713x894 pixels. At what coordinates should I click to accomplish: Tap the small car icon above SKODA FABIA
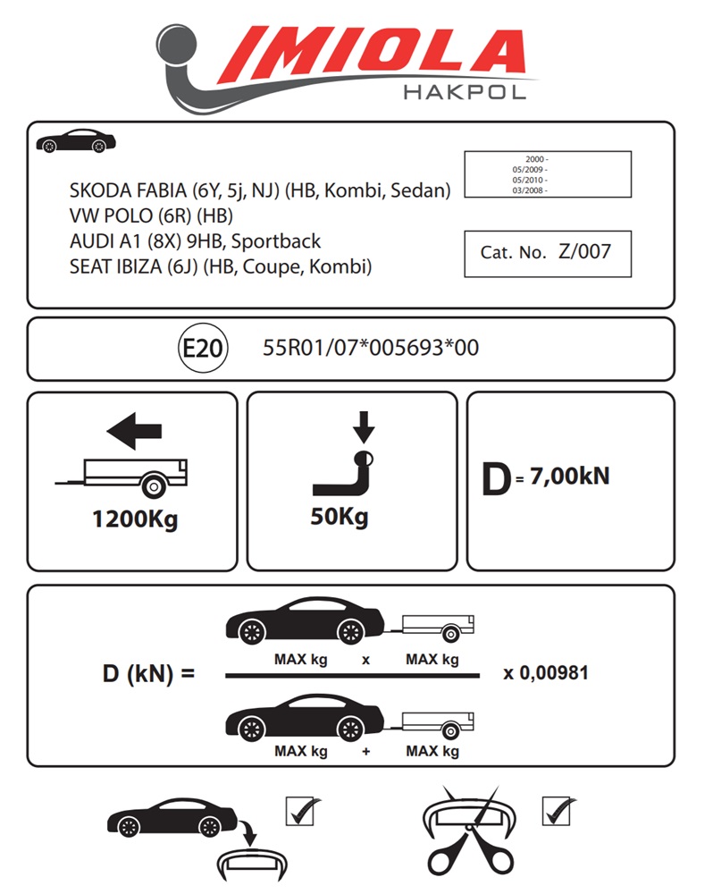coord(76,143)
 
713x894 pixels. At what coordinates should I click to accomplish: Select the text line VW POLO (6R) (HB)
coord(152,215)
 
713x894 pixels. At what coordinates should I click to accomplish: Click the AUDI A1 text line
coord(195,241)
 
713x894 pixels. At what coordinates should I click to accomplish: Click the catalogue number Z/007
coord(584,251)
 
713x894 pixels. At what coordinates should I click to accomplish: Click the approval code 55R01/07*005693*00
coord(371,348)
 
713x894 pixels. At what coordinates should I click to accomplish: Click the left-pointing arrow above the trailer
coord(134,431)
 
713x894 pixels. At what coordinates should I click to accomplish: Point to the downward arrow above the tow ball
coord(363,427)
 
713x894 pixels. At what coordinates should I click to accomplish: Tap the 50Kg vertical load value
coord(340,516)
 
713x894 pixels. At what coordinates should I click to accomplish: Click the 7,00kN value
coord(569,477)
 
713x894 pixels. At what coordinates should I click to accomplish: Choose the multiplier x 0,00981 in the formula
coord(546,672)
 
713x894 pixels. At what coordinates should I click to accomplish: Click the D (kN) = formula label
coord(148,673)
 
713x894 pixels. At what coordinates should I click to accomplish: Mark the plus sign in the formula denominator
coord(366,752)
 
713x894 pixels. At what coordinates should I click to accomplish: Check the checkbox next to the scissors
coord(558,812)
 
